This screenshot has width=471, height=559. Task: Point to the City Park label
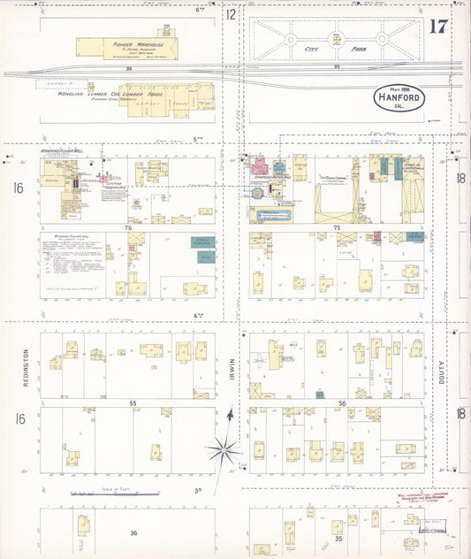click(337, 51)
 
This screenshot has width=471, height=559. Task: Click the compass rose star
click(225, 448)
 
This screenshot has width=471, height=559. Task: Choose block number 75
click(337, 228)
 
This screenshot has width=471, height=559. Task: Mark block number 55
click(133, 403)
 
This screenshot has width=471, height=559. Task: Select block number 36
click(133, 532)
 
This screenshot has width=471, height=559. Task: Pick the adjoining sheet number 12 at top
click(231, 14)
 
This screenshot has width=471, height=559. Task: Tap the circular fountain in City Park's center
click(336, 39)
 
